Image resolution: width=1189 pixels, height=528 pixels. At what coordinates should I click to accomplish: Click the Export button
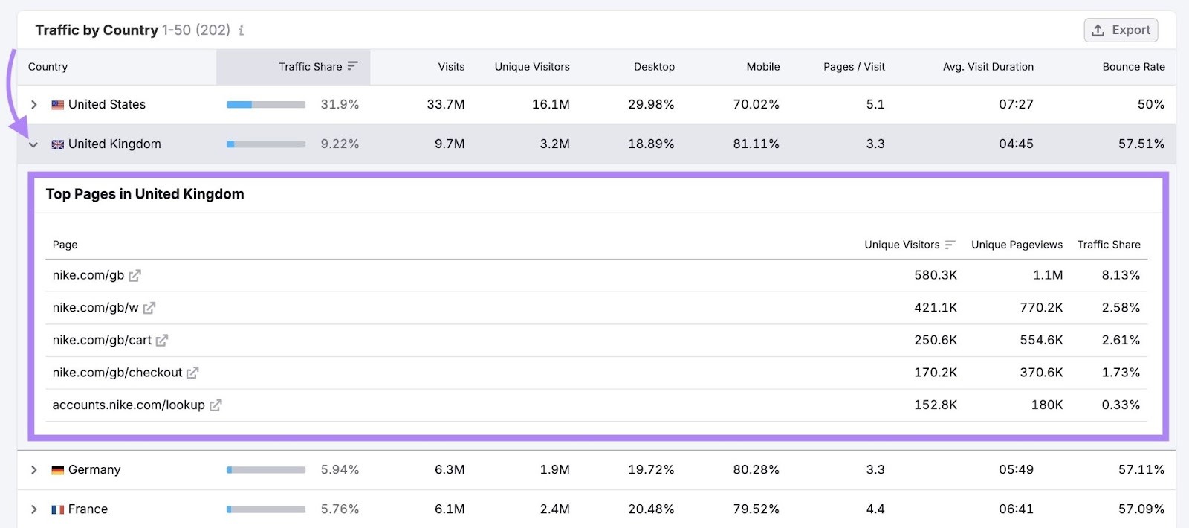(1121, 30)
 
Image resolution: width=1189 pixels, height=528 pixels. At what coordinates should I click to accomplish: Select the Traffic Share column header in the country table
(311, 67)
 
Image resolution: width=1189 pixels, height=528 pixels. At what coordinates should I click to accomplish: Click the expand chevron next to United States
(33, 105)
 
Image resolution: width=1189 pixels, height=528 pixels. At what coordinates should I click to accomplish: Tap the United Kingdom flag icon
(57, 144)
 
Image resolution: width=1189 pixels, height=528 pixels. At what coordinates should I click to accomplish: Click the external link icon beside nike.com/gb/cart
(162, 341)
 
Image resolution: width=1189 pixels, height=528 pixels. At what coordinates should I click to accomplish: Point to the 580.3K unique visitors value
(935, 275)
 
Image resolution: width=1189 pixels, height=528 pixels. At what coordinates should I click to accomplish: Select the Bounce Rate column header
(1133, 67)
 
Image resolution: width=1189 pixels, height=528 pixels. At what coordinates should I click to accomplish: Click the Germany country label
(94, 470)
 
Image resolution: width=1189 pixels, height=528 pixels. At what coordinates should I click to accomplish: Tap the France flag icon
(57, 509)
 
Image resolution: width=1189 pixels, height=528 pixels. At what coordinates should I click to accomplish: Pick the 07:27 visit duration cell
(1016, 105)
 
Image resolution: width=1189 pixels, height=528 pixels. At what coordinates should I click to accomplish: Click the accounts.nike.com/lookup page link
(129, 405)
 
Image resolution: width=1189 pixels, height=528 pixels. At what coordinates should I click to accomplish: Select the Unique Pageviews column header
(1017, 245)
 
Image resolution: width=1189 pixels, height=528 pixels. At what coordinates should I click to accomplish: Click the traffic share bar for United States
(266, 105)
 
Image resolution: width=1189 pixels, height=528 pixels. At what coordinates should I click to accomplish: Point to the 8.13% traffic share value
(1121, 275)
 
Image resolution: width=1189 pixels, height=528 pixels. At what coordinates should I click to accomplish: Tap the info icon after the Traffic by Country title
(241, 30)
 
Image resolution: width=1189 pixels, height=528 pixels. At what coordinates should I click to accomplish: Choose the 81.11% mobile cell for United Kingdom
(756, 144)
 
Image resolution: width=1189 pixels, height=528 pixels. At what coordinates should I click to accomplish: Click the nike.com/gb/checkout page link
(117, 373)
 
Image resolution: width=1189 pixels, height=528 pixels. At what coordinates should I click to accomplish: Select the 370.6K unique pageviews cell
(1041, 373)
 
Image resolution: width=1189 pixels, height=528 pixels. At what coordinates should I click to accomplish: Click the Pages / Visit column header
(854, 67)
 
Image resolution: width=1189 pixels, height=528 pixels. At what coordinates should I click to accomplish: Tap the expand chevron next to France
(33, 509)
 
